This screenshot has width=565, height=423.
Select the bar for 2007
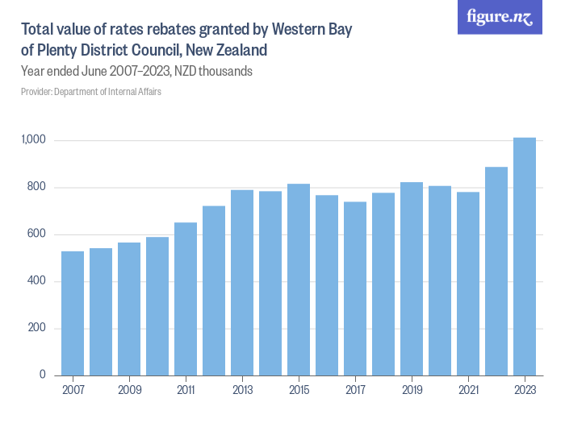click(73, 313)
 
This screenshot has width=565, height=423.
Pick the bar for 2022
click(496, 271)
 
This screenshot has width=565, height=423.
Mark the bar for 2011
click(186, 299)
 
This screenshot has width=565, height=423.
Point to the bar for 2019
click(412, 279)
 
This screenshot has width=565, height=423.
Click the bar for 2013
click(242, 283)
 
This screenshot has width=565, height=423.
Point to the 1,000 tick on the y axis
click(33, 141)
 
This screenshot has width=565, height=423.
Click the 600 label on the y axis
click(37, 234)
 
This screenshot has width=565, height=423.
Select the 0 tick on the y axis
click(43, 375)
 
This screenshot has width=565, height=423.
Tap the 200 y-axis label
click(37, 329)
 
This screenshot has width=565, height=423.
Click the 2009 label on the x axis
click(129, 390)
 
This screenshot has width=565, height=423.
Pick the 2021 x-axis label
click(468, 390)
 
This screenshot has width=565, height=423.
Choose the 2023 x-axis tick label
click(525, 390)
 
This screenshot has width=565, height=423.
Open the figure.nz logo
click(500, 17)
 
